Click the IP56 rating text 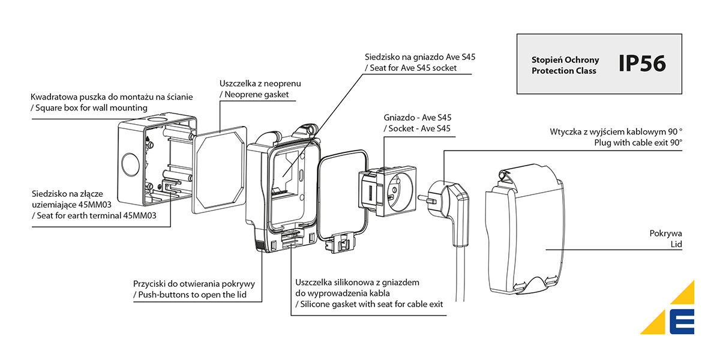tap(642, 64)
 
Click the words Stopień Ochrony tap(565, 60)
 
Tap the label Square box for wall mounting tap(89, 108)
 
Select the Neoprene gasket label tap(254, 95)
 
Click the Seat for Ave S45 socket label tap(410, 68)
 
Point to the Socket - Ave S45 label tap(417, 128)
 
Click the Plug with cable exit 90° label tap(638, 143)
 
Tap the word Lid tap(676, 244)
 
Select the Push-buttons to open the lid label tap(190, 295)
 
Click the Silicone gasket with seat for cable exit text tap(369, 304)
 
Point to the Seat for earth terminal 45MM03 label tap(94, 215)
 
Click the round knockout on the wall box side tap(131, 164)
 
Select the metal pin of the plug tap(427, 199)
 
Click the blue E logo tap(682, 322)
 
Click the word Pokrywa tap(665, 233)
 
